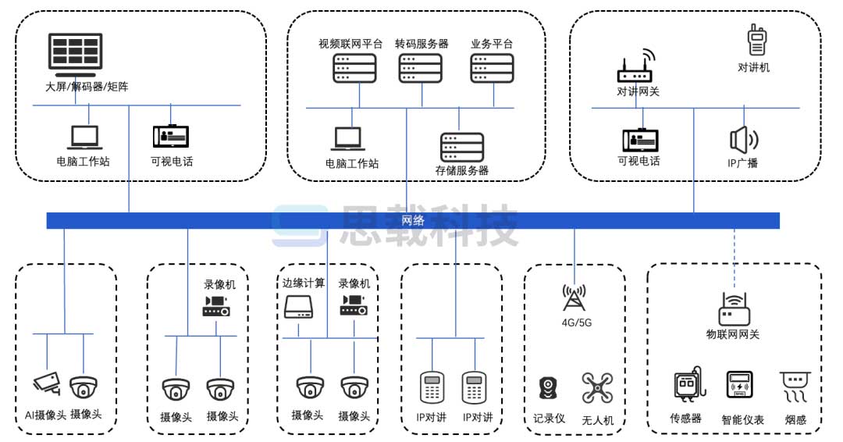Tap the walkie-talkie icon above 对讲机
[x=755, y=40]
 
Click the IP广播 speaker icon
[x=743, y=140]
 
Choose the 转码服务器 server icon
[x=421, y=68]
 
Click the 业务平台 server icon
[x=493, y=68]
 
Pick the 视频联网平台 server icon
[x=351, y=68]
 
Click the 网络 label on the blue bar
[x=413, y=220]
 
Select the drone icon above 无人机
[x=597, y=388]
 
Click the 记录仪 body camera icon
[x=549, y=388]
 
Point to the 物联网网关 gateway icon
[x=733, y=309]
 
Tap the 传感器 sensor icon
[x=688, y=386]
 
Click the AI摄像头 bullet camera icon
[x=46, y=383]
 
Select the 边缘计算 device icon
[x=299, y=308]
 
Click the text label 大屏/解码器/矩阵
[x=87, y=87]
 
